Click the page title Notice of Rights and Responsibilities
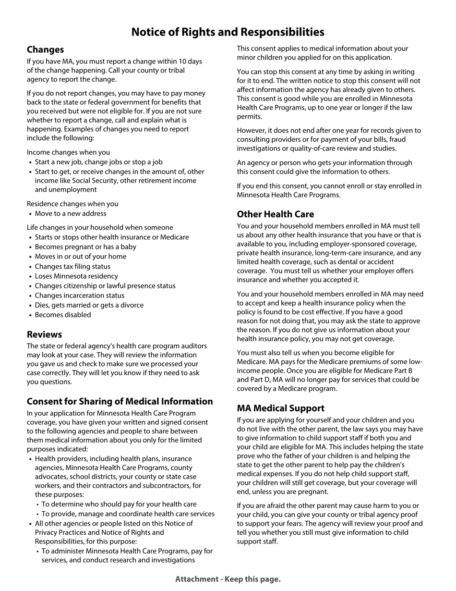point(228,32)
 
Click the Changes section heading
point(45,49)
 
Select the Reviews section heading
point(44,334)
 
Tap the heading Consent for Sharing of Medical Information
point(120,401)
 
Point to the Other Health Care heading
point(276,214)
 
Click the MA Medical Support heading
point(280,408)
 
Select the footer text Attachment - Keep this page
point(228,579)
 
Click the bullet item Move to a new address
point(71,213)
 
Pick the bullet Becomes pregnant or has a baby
point(85,246)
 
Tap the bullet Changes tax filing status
point(72,266)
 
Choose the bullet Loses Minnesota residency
point(76,276)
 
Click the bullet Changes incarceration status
point(79,295)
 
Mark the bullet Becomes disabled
point(63,315)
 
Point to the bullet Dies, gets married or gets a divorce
point(89,305)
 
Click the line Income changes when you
point(68,152)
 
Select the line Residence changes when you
point(72,204)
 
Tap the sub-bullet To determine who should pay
point(119,504)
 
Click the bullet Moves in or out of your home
point(81,256)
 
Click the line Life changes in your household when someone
point(100,227)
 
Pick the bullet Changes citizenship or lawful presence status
point(105,285)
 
